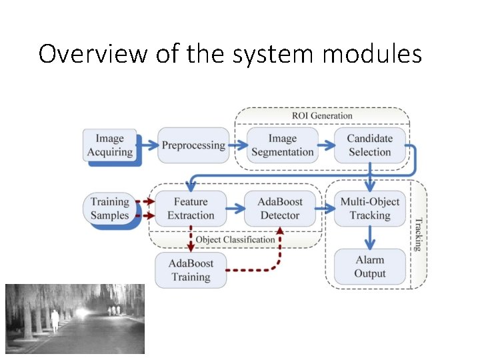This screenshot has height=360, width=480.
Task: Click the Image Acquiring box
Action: [110, 145]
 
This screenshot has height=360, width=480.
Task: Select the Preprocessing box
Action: [193, 145]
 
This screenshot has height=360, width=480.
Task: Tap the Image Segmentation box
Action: [282, 145]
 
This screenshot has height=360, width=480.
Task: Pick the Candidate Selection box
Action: [369, 145]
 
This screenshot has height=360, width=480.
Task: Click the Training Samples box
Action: [110, 208]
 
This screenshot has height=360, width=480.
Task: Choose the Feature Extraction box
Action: [191, 208]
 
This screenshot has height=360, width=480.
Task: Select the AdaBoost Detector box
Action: [279, 208]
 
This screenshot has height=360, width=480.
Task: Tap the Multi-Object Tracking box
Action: [369, 208]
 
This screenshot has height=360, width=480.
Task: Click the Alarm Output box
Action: [369, 266]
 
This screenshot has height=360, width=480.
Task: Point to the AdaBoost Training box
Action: [191, 270]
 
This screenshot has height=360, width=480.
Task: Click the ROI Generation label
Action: [322, 116]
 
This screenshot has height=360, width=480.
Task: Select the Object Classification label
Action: [235, 239]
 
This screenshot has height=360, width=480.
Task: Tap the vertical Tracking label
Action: [418, 234]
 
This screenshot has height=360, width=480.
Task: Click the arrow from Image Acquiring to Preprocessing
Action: [147, 145]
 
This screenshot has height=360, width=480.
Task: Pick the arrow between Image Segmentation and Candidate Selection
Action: [327, 145]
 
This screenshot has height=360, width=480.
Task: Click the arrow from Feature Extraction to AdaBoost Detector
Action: [235, 208]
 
